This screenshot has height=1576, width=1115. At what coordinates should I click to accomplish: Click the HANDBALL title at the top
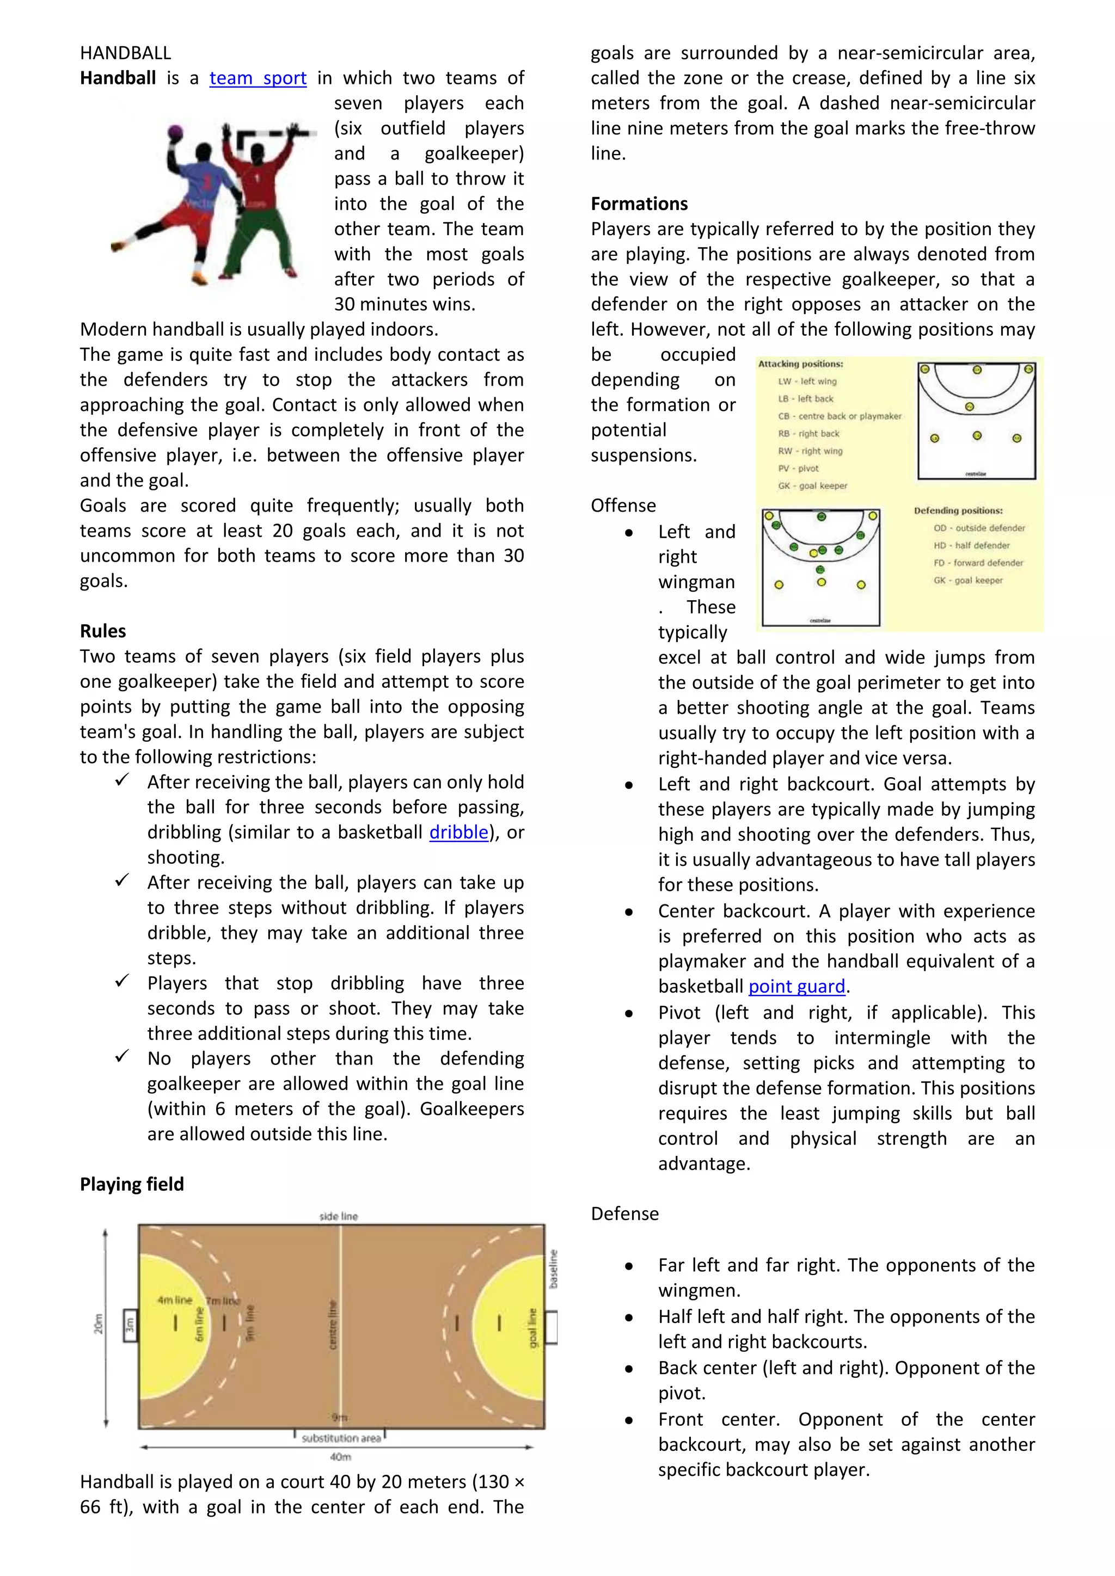tap(125, 53)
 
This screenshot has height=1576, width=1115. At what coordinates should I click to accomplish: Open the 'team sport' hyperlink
tap(258, 78)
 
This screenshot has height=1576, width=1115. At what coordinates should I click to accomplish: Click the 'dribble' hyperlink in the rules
tap(458, 833)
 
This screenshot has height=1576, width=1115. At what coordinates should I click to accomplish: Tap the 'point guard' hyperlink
tap(797, 987)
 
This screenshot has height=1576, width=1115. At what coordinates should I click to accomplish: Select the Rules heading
tap(103, 631)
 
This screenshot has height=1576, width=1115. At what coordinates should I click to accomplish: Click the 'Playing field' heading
tap(132, 1184)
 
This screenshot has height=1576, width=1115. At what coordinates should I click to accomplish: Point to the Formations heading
tap(639, 204)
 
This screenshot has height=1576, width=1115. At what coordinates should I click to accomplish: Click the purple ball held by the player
tap(176, 132)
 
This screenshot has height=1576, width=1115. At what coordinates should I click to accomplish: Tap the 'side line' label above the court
tap(339, 1216)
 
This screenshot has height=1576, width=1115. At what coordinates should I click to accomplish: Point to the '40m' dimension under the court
tap(340, 1457)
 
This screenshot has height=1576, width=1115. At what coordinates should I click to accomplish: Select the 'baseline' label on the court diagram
tap(553, 1269)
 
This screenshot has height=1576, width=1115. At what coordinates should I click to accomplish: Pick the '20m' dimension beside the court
tap(98, 1324)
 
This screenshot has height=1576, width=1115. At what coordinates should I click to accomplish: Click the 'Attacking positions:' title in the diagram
tap(800, 364)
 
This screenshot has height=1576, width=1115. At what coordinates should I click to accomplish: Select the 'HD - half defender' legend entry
tap(971, 546)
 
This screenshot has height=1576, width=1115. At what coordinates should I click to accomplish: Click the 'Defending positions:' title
tap(958, 510)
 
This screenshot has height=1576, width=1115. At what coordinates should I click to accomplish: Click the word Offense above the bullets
tap(623, 506)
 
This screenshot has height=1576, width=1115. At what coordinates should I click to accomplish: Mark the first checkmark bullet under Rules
tap(122, 780)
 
